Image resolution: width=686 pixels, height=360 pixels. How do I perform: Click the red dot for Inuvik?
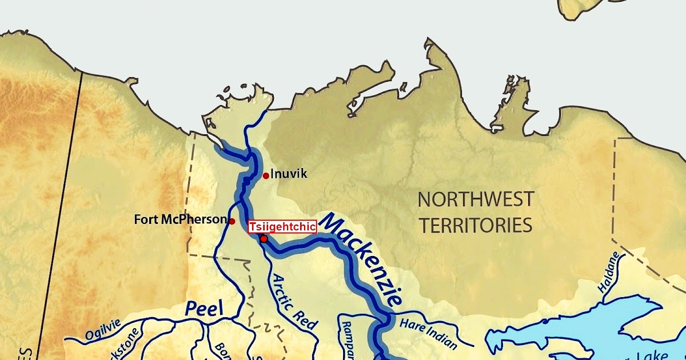[266, 175]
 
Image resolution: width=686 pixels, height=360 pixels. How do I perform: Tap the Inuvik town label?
[289, 174]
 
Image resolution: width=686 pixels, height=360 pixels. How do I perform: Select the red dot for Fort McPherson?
[232, 221]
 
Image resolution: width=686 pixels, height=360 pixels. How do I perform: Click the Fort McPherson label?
[180, 219]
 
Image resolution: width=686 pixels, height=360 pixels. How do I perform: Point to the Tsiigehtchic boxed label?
[282, 227]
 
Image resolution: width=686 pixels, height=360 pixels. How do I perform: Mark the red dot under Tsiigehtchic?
[264, 239]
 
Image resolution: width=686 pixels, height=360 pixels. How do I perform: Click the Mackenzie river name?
[364, 258]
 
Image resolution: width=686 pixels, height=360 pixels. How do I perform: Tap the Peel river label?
[204, 309]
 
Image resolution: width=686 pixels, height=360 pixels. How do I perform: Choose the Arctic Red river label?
[294, 301]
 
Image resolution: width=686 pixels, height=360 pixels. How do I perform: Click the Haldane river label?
[609, 273]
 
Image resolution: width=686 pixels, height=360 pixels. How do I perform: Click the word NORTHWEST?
[476, 199]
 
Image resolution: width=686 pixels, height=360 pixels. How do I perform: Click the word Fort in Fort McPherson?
[145, 219]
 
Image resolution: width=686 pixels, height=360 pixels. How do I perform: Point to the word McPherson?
[192, 219]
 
